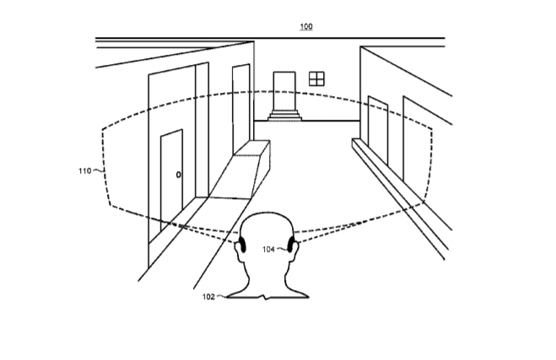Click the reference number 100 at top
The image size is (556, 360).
(306, 26)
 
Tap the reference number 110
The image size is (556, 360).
(84, 171)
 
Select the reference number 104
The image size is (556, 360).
(268, 250)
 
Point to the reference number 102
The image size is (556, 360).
(208, 297)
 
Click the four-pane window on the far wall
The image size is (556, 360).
(316, 78)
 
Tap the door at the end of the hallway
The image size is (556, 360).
(284, 91)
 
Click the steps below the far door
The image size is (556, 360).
(284, 116)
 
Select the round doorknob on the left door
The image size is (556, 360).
(178, 175)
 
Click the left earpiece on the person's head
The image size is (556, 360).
(242, 244)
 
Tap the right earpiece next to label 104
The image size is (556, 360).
(291, 244)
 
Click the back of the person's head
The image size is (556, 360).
(267, 230)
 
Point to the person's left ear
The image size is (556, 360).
(238, 252)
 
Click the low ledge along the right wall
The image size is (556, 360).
(401, 197)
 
